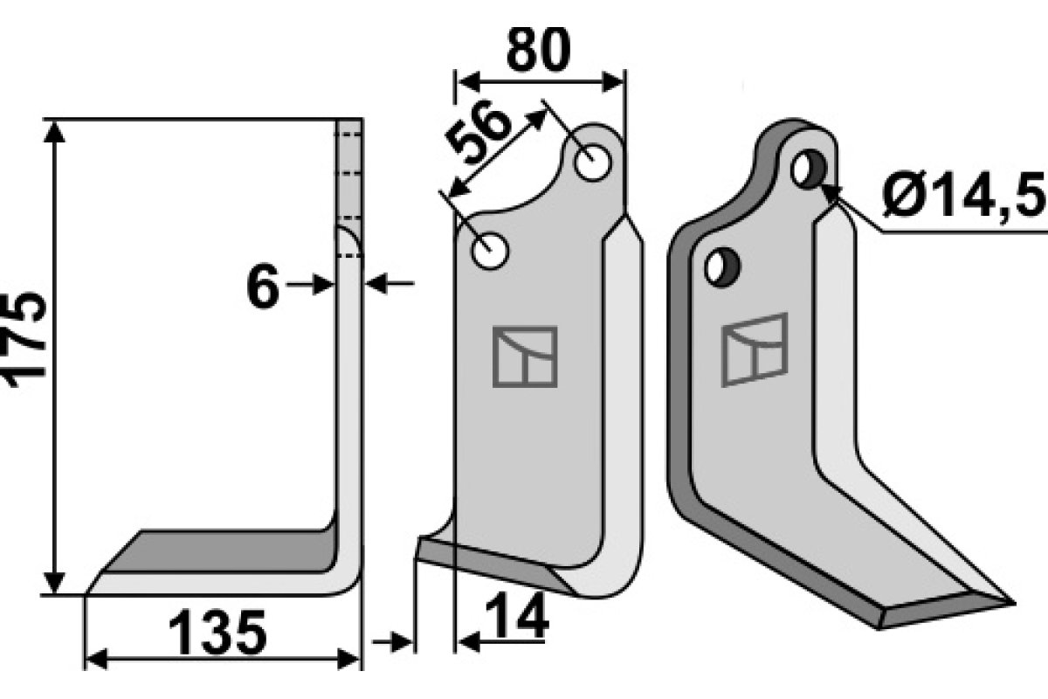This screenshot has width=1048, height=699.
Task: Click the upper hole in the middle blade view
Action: pos(593,162)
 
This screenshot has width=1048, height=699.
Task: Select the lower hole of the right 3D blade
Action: pos(722,266)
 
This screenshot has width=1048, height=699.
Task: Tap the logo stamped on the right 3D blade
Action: pos(755,349)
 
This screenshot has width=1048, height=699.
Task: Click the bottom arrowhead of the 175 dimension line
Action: pos(55,584)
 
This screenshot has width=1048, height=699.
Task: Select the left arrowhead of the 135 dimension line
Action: pos(94,660)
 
